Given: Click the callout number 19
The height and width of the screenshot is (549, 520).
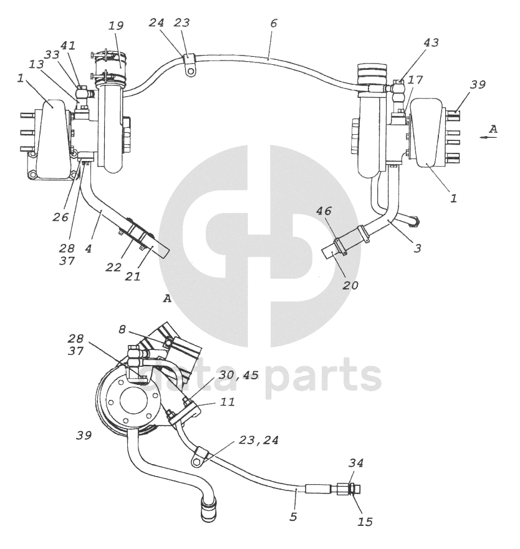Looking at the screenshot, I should tap(115, 26).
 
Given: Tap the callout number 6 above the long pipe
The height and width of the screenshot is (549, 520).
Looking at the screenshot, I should tap(274, 24).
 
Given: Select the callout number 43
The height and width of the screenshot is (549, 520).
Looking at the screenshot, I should tap(431, 43).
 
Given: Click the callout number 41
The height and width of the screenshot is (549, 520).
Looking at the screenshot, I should tap(67, 46).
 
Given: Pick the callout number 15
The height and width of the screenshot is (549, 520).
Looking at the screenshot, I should tap(365, 520).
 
